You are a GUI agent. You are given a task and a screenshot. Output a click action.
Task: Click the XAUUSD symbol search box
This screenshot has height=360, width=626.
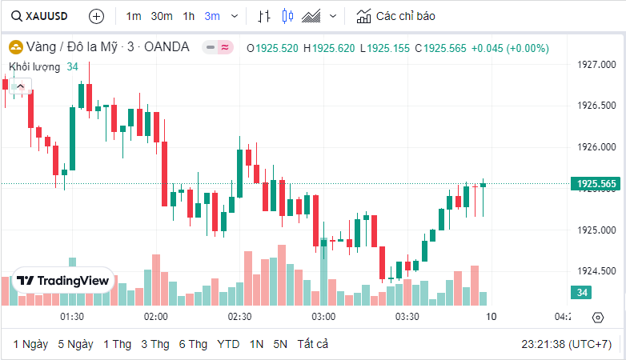40,16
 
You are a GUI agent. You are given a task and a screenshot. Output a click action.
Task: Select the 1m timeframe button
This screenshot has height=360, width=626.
134,16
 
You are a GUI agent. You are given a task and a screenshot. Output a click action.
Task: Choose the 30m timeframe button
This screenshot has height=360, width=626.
162,16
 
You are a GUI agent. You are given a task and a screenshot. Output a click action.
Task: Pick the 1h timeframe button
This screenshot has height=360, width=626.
189,16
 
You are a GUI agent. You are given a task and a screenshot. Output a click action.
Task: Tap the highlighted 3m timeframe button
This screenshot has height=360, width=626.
212,16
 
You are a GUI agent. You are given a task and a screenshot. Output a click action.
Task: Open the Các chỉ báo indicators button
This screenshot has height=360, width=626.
396,16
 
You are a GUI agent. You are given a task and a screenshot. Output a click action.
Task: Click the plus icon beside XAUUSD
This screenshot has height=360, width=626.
96,16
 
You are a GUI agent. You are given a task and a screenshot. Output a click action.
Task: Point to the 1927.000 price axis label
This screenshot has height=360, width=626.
596,64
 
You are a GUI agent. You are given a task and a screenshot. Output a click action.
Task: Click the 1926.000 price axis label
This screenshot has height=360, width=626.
596,147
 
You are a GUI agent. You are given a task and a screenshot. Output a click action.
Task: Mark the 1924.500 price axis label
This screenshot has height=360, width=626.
596,271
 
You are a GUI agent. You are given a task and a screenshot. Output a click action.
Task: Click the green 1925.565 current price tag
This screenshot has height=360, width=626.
596,184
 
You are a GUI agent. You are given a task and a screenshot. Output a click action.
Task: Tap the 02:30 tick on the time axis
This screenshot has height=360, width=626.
239,317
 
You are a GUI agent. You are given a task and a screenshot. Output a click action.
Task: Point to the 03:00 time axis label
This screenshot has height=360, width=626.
323,317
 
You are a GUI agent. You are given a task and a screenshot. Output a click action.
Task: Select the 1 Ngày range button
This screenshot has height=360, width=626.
30,344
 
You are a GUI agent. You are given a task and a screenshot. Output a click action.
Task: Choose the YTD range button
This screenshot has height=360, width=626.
228,344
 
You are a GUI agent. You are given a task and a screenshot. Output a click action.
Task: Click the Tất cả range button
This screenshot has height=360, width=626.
312,344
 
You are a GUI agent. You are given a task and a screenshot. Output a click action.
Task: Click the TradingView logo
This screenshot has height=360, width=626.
62,281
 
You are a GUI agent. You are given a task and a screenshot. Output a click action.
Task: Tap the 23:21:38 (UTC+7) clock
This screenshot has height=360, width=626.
566,344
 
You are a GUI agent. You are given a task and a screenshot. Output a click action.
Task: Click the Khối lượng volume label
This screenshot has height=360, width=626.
33,66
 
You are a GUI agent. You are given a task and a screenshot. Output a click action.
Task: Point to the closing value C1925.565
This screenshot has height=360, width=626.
439,48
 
